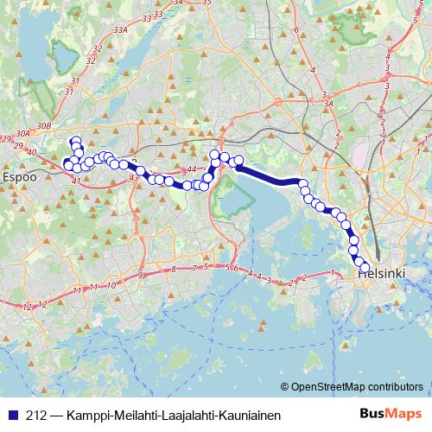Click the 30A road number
pyautogui.click(x=23, y=133)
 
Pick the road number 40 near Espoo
pyautogui.click(x=32, y=153)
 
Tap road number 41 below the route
pyautogui.click(x=76, y=181)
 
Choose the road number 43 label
pyautogui.click(x=133, y=177)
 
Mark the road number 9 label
pyautogui.click(x=140, y=276)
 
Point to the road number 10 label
pyautogui.click(x=112, y=285)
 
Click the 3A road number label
pyautogui.click(x=328, y=103)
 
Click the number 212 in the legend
pyautogui.click(x=36, y=415)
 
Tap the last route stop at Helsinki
pyautogui.click(x=365, y=267)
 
